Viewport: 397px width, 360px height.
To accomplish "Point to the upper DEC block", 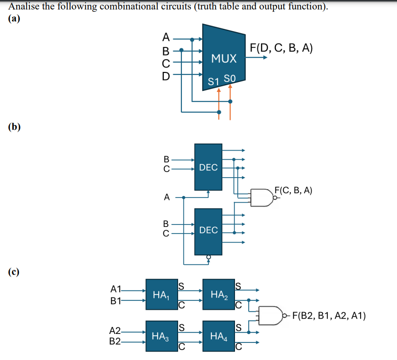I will [x=208, y=167].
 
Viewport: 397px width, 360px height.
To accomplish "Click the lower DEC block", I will [x=208, y=230].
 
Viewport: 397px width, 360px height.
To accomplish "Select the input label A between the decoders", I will [x=166, y=198].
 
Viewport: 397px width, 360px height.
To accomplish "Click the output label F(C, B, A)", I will [x=293, y=191].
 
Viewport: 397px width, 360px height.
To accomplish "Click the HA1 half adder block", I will [x=162, y=296].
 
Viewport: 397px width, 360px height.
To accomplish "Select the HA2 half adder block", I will [x=218, y=296].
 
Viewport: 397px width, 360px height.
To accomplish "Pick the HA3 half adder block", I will [x=162, y=336].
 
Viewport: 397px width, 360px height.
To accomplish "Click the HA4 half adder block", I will [x=218, y=336].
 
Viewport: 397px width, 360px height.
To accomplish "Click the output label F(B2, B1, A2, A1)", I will [x=329, y=316].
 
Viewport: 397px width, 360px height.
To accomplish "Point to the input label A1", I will [x=116, y=289].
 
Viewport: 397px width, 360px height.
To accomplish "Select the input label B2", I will [x=115, y=341].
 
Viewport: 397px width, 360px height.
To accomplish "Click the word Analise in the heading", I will [x=23, y=7].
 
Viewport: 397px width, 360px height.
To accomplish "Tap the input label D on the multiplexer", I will [x=165, y=74].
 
